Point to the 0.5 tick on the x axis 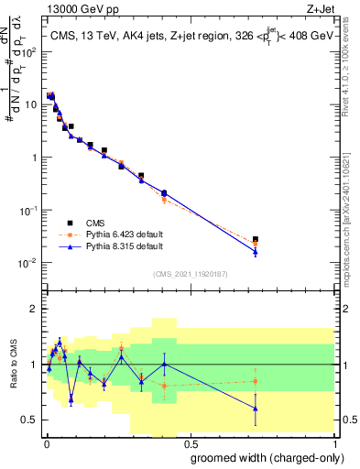click(x=190, y=440)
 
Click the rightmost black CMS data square click(x=256, y=239)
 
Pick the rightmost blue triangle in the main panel click(x=256, y=251)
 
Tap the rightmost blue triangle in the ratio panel click(x=256, y=409)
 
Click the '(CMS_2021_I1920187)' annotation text click(x=190, y=272)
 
